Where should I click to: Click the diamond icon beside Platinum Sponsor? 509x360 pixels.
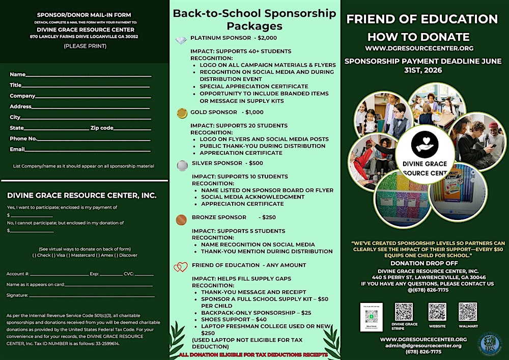tap(181, 40)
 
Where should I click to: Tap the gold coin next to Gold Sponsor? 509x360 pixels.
tap(182, 113)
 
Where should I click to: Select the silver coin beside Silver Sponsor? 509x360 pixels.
tap(182, 165)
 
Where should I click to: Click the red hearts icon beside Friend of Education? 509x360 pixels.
tap(181, 267)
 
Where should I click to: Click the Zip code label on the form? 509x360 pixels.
tap(102, 128)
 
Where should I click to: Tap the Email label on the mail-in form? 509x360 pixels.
tap(17, 149)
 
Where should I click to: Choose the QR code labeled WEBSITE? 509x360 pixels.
tap(437, 312)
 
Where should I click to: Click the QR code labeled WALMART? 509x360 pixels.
tap(468, 311)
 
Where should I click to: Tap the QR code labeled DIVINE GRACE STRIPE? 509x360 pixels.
tap(404, 311)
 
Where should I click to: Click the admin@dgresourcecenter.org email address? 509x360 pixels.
tap(423, 345)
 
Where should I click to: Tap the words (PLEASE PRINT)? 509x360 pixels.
tap(85, 46)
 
